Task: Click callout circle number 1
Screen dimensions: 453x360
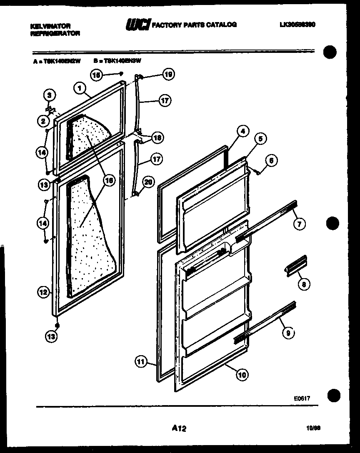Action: (x=78, y=87)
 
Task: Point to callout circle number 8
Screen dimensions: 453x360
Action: (x=304, y=284)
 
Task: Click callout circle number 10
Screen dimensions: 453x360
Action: (x=242, y=375)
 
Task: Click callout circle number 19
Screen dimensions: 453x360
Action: (x=169, y=75)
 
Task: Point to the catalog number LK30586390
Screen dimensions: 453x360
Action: (x=297, y=25)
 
